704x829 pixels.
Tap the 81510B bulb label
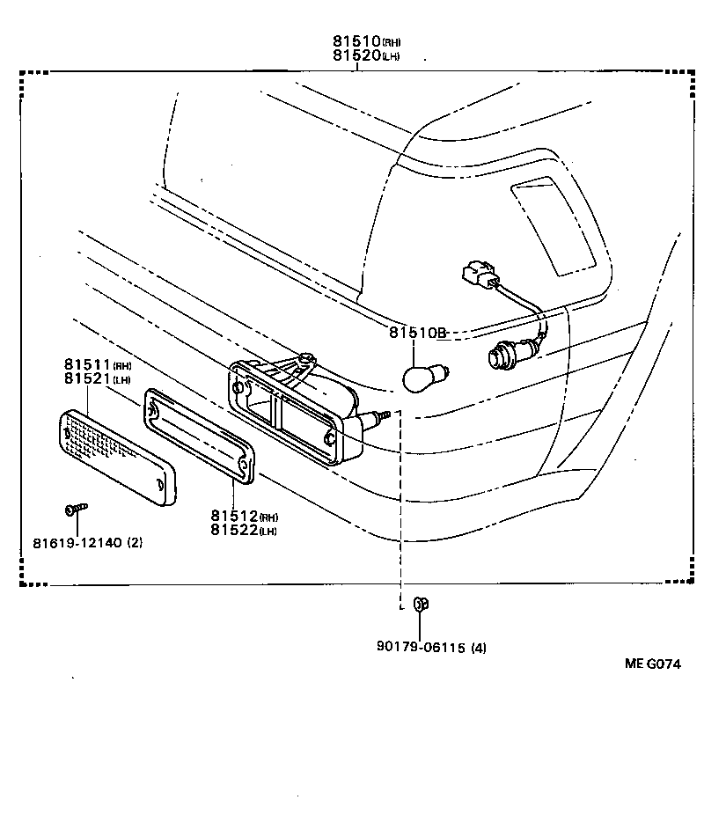[x=418, y=333]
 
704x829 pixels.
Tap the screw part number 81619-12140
[x=87, y=542]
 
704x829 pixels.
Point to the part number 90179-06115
[x=419, y=648]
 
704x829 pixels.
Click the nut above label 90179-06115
[x=420, y=604]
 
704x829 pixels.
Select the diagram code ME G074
[x=653, y=664]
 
